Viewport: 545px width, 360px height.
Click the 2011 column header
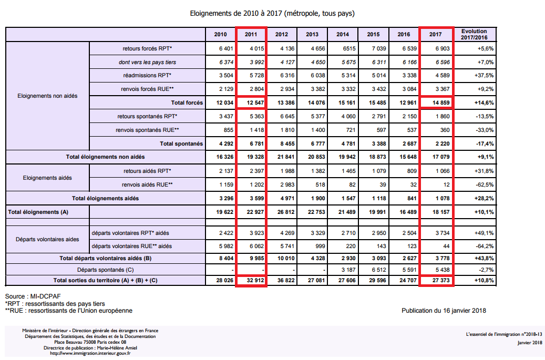pos(251,34)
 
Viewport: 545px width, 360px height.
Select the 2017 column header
pos(436,34)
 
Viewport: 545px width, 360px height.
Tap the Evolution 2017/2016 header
pos(474,34)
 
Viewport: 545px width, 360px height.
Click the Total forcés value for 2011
pos(255,102)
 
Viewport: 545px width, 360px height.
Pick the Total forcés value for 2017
pos(441,102)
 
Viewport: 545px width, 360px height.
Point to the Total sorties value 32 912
pos(255,280)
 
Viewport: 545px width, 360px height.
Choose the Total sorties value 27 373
pos(441,280)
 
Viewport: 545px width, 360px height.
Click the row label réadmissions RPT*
pos(147,75)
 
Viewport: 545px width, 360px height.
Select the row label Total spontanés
pos(181,143)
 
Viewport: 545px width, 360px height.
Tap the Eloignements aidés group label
pos(47,178)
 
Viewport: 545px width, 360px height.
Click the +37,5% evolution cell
pos(484,75)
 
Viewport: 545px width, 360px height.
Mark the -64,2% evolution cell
pos(485,246)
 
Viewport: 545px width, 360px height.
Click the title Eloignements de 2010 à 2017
pos(272,14)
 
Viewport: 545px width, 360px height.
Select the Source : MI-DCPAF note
pos(33,296)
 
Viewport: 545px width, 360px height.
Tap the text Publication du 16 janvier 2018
pos(444,311)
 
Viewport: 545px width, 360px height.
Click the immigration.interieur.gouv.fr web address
pos(90,353)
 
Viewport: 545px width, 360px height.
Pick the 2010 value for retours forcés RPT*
pos(226,49)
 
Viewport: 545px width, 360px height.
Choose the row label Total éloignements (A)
pos(38,212)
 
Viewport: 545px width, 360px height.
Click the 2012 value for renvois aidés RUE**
pos(287,184)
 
